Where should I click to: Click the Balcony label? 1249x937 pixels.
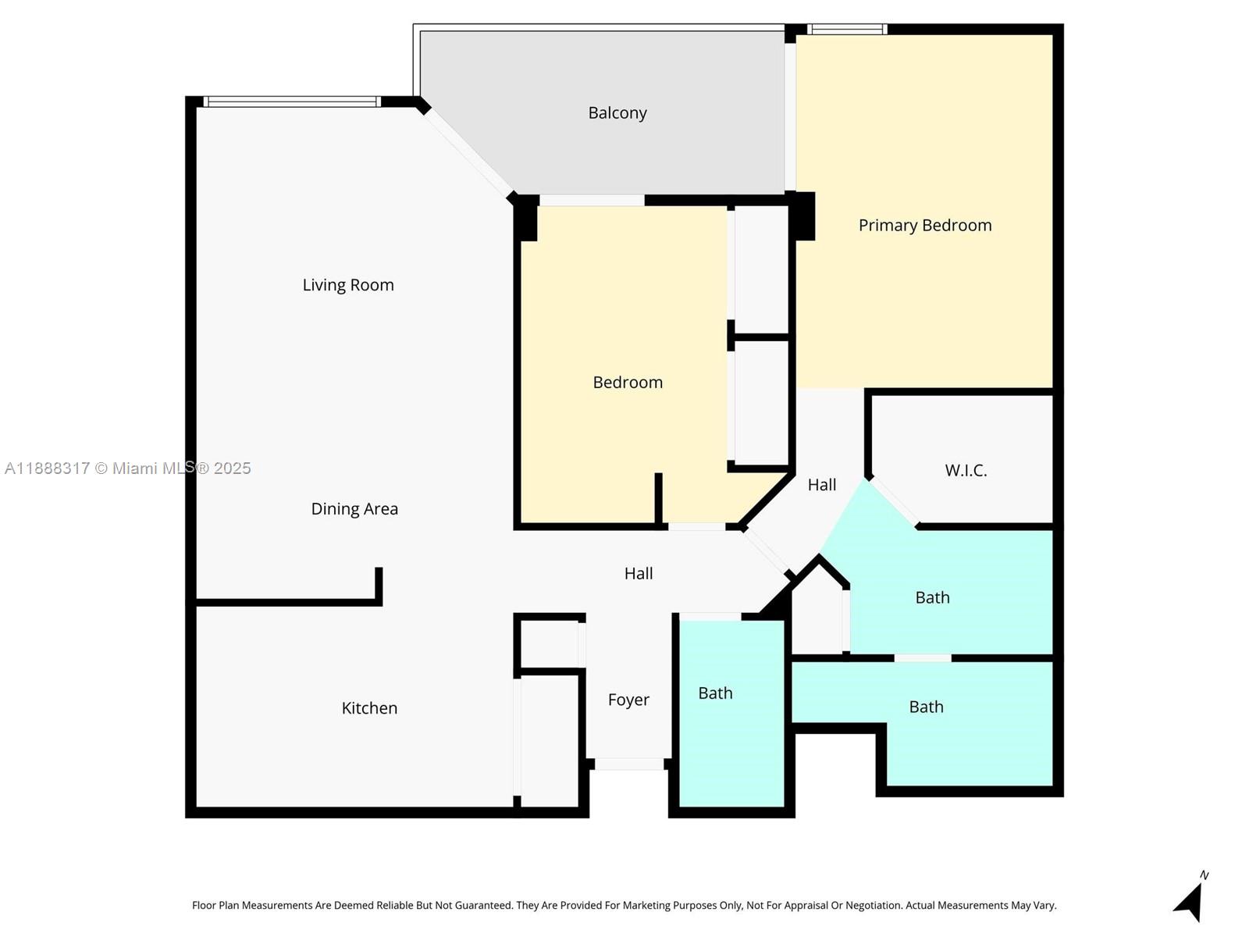[617, 113]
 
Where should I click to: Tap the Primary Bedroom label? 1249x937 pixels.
[925, 226]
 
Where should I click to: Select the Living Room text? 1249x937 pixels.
[348, 285]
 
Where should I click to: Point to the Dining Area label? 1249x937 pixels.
[354, 509]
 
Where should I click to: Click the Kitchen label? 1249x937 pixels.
[369, 708]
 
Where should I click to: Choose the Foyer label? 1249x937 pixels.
[628, 700]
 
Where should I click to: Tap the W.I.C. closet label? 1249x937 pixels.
[966, 471]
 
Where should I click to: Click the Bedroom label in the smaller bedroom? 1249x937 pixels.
[628, 383]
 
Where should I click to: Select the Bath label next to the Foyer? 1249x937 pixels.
[715, 693]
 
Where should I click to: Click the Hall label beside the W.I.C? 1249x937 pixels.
[821, 485]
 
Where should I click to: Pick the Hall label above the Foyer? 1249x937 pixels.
[639, 574]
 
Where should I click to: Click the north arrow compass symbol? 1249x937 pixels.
[1190, 902]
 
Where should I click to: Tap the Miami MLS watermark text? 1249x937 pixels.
[127, 468]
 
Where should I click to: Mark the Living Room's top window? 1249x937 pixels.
[292, 102]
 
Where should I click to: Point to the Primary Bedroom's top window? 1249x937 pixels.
[847, 30]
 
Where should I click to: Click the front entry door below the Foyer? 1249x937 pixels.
[629, 764]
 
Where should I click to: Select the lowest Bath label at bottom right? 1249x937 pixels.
[926, 707]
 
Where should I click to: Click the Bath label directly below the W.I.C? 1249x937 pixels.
[932, 598]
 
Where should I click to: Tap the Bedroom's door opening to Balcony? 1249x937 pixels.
[592, 201]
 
